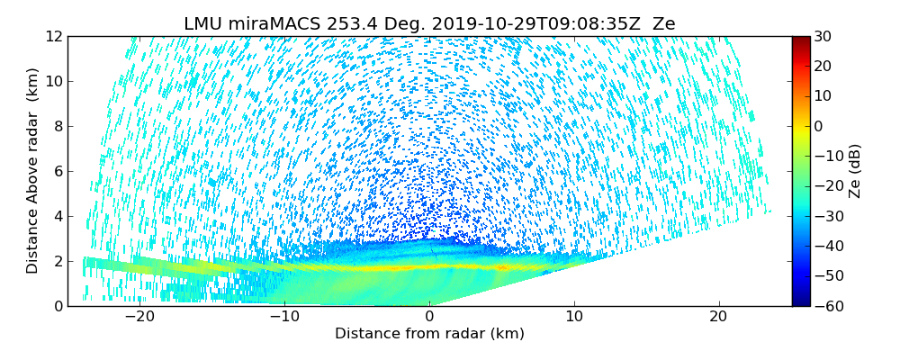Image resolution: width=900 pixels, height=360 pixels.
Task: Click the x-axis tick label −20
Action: pyautogui.click(x=139, y=317)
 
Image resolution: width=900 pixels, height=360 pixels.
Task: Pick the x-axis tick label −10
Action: pyautogui.click(x=284, y=317)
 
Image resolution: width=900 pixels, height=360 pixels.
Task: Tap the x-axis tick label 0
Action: pyautogui.click(x=429, y=317)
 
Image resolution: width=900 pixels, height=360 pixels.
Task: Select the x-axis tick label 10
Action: pyautogui.click(x=573, y=317)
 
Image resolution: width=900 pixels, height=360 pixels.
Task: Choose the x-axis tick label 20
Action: pyautogui.click(x=718, y=317)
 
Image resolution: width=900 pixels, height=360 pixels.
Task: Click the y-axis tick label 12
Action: pyautogui.click(x=54, y=36)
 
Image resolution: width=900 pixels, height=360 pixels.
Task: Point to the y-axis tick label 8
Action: pyautogui.click(x=58, y=126)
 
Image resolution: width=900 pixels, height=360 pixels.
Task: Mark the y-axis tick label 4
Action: pyautogui.click(x=58, y=216)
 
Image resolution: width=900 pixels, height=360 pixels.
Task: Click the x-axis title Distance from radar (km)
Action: pyautogui.click(x=429, y=334)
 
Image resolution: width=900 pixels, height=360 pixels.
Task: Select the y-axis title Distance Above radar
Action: pyautogui.click(x=33, y=171)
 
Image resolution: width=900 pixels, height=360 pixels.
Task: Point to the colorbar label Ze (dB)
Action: pyautogui.click(x=855, y=171)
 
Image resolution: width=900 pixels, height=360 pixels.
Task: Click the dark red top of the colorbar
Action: pyautogui.click(x=801, y=40)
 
